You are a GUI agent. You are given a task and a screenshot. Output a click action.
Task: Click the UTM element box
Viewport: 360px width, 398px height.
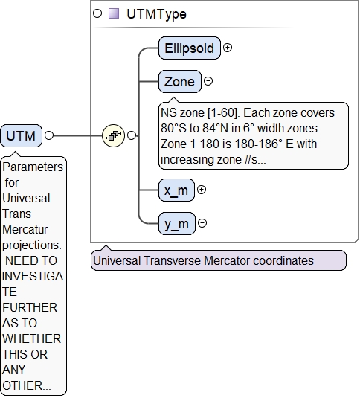point(21,136)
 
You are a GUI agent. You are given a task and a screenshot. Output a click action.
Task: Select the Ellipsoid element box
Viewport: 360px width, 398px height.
point(190,48)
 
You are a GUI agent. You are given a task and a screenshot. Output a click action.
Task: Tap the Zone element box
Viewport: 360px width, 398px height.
point(179,82)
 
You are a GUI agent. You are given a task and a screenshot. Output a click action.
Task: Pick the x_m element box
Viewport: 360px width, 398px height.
point(176,190)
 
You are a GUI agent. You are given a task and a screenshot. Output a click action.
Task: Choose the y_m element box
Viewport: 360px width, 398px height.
point(177,224)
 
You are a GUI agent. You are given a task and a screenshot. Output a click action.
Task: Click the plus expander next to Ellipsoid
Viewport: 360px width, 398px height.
point(228,48)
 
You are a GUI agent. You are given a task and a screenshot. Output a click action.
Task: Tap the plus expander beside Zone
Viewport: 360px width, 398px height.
point(208,81)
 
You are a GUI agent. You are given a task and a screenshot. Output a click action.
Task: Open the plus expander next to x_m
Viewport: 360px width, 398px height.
point(202,190)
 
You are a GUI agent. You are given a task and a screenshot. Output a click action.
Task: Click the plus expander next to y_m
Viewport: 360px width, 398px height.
point(202,223)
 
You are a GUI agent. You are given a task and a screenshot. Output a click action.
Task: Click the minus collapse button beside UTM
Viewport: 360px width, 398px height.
point(49,135)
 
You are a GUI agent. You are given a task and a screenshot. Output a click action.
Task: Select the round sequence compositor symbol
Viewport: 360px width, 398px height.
point(113,135)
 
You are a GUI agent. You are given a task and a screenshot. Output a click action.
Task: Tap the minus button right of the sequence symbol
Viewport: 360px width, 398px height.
point(132,135)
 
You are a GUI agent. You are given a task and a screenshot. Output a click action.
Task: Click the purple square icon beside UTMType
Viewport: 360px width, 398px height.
point(114,13)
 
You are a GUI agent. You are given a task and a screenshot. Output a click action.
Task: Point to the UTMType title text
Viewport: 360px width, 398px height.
point(156,14)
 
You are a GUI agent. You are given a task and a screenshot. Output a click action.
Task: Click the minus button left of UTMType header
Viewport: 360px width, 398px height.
point(97,13)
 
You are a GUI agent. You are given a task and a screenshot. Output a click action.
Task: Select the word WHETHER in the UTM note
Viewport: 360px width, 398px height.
point(32,339)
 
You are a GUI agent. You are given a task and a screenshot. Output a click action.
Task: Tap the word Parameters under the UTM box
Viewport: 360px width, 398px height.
point(33,167)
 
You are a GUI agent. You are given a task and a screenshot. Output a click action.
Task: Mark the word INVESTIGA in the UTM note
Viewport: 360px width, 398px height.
point(33,277)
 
